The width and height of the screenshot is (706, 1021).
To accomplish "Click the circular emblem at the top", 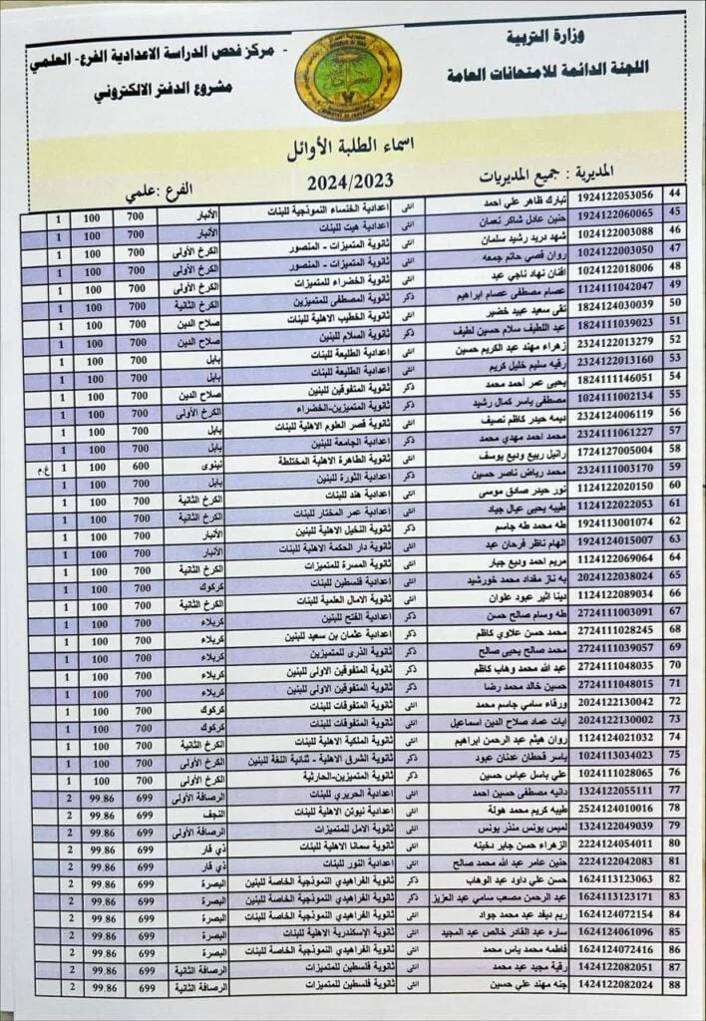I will click(x=348, y=75).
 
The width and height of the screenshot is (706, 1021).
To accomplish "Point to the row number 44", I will click(x=674, y=193).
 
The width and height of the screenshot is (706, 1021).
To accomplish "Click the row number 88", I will click(x=675, y=984).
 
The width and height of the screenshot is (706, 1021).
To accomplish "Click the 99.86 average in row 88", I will click(x=98, y=985).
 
